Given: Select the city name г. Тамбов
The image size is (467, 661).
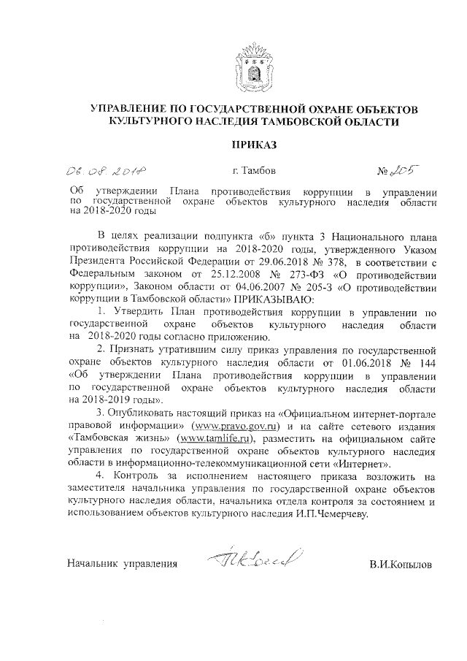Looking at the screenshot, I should point(253,172).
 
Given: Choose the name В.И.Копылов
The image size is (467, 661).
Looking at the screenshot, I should point(401,564).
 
